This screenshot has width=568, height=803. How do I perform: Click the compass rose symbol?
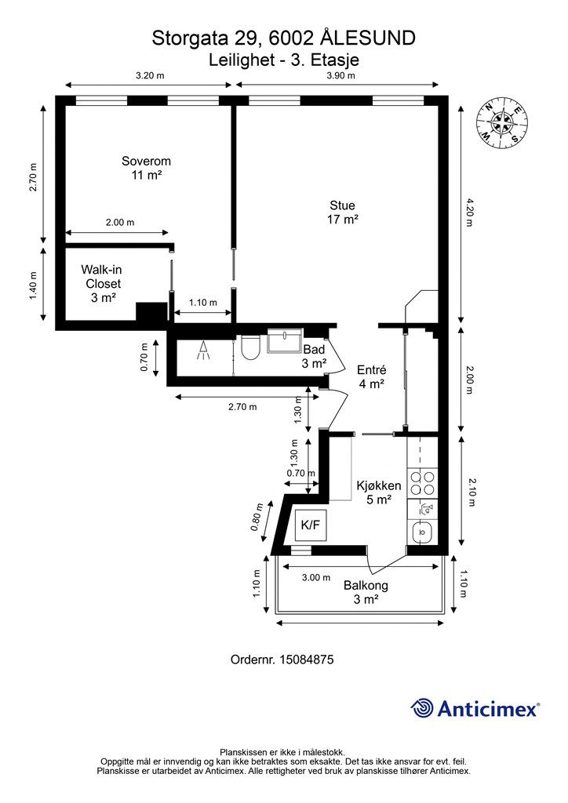click(502, 123)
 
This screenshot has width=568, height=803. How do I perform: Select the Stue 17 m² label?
click(342, 213)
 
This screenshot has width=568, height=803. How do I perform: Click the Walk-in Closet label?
click(103, 283)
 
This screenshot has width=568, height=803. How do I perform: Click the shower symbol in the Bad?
click(204, 351)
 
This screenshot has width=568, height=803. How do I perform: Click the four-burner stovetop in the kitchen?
click(423, 483)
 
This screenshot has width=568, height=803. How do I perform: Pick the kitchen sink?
click(423, 532)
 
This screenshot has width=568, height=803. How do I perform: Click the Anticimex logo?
click(475, 709)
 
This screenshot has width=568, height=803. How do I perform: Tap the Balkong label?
click(366, 592)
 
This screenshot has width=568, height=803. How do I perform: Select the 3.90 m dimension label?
click(341, 75)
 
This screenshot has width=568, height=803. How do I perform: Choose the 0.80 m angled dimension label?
click(258, 518)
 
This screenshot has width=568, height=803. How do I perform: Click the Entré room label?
click(371, 377)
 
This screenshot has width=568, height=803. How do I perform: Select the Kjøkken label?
click(379, 492)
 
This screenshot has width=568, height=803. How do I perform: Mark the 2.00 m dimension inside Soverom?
click(120, 222)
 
